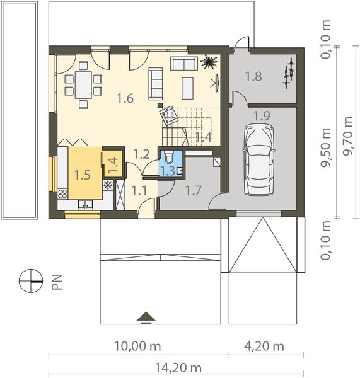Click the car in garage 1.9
coord(259,159)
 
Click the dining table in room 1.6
coord(83,87)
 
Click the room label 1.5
coord(83,175)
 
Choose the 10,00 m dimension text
coord(137,346)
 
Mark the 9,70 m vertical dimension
coord(347,132)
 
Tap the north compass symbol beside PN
coord(28,279)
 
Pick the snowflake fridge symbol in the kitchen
coord(107,185)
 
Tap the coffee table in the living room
coord(187,88)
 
